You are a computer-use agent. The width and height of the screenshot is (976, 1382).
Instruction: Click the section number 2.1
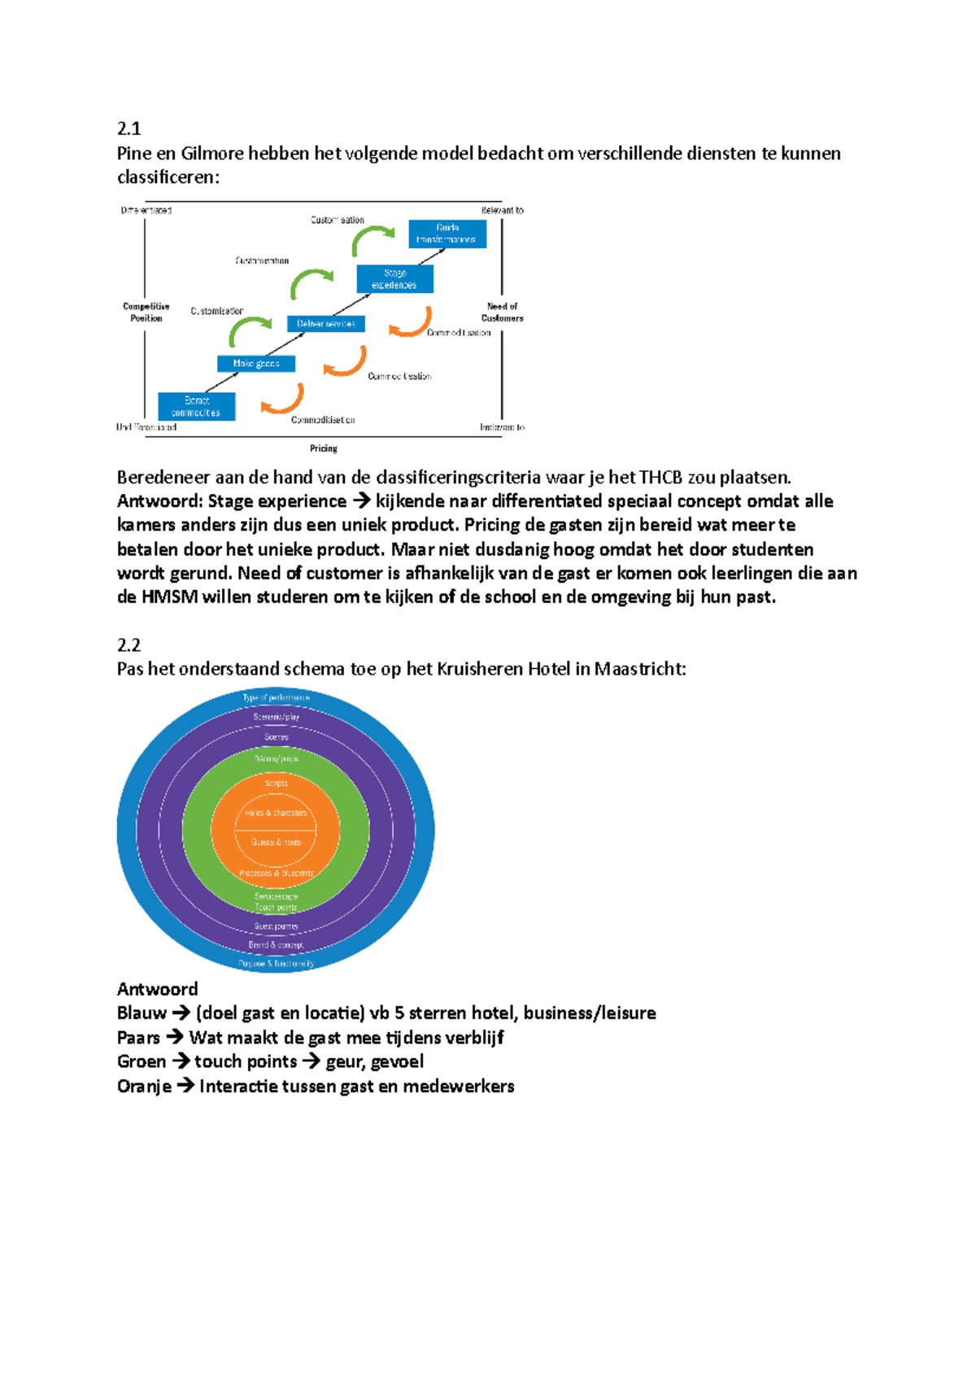[x=129, y=129]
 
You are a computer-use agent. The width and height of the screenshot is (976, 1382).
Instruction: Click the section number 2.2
[x=129, y=645]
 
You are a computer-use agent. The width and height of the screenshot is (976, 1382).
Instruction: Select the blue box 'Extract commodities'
[x=197, y=406]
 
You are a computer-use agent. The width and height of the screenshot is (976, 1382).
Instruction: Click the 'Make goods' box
[x=256, y=364]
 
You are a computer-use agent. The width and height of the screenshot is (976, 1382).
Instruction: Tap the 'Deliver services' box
[x=326, y=324]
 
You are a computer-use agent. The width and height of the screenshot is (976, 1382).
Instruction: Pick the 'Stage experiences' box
[x=394, y=279]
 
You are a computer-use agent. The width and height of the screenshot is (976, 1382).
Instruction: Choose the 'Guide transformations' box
[x=447, y=234]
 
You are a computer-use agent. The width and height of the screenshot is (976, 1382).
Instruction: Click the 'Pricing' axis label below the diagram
[x=324, y=448]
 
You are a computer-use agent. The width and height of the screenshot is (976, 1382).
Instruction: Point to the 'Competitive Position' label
[x=146, y=313]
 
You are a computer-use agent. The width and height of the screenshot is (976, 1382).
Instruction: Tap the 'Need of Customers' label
[x=503, y=313]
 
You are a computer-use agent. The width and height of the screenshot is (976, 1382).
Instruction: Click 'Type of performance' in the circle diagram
[x=276, y=698]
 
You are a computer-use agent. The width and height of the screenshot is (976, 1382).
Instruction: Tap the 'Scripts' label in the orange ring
[x=276, y=783]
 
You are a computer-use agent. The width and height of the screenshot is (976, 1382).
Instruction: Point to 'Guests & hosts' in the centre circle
[x=276, y=842]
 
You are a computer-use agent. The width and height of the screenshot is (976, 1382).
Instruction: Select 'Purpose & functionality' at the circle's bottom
[x=276, y=964]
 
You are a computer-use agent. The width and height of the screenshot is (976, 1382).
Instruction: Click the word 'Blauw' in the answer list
[x=142, y=1013]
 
